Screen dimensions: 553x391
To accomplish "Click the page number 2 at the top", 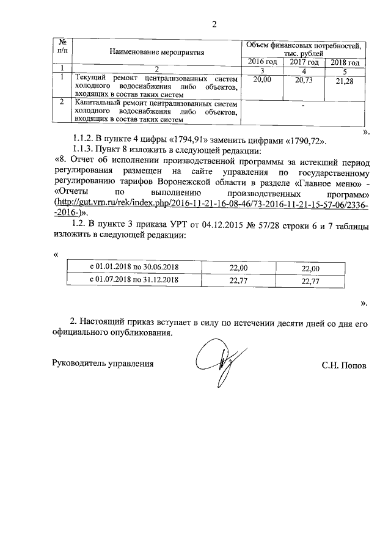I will pyautogui.click(x=214, y=24).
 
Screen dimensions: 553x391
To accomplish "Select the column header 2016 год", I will pyautogui.click(x=262, y=62).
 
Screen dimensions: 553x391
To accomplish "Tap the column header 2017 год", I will pyautogui.click(x=304, y=62).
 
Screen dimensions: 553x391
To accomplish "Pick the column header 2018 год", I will pyautogui.click(x=345, y=63).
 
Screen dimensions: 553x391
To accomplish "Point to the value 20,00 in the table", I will pyautogui.click(x=261, y=79).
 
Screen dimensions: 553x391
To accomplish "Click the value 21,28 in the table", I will pyautogui.click(x=345, y=82).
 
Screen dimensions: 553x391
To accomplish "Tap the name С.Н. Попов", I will pyautogui.click(x=345, y=365).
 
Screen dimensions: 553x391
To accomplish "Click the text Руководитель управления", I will pyautogui.click(x=101, y=364).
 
